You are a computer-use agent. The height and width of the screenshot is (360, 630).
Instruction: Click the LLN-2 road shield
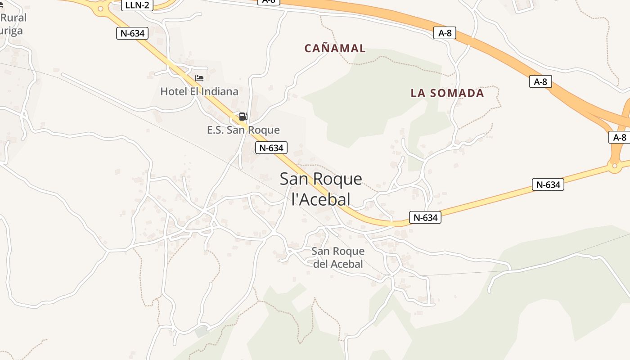pos(137,5)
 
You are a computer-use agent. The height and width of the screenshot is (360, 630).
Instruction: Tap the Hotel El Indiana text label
pos(199,91)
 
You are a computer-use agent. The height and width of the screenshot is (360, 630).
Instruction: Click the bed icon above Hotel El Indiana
pos(199,78)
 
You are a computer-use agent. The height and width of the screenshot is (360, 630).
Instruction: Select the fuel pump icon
pos(243,117)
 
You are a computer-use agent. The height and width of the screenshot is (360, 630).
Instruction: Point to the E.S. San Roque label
pos(243,130)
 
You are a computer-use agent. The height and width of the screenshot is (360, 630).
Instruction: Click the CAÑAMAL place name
pos(335,48)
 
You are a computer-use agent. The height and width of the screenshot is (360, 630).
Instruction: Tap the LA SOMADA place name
pos(447,93)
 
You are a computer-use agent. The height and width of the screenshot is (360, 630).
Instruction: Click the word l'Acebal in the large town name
pos(321,198)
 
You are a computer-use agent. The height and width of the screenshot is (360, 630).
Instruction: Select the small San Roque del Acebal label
pos(338,257)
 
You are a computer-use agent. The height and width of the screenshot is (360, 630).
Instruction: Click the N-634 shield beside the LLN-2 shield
pos(132,33)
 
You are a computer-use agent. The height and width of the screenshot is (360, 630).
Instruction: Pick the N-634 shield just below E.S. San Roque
pos(271,148)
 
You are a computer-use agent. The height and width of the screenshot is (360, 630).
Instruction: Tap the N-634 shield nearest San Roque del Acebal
pos(425,217)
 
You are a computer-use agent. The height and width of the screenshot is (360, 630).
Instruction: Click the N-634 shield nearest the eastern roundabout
pos(548,184)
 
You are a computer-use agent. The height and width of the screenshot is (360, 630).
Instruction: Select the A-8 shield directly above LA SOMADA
pos(445,33)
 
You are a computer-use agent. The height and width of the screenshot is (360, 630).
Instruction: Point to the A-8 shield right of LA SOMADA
pos(540,81)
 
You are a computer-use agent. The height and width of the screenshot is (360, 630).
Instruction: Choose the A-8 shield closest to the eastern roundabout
pos(620,137)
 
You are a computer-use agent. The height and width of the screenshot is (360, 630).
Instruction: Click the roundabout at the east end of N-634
pos(614,166)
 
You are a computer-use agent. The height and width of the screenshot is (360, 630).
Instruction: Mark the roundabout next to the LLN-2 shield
pos(100,8)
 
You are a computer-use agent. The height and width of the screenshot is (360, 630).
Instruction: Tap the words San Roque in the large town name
pos(321,179)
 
